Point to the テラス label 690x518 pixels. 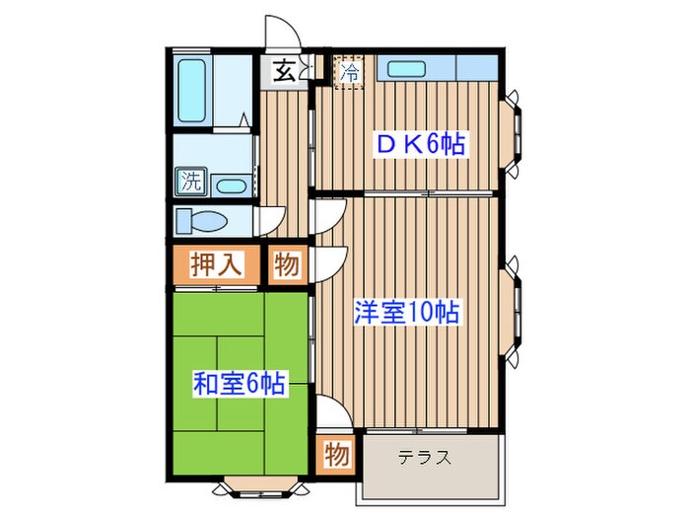pyautogui.click(x=425, y=458)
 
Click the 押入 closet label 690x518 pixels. pyautogui.click(x=216, y=265)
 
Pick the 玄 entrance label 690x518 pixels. pyautogui.click(x=283, y=71)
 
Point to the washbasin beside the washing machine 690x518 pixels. pyautogui.click(x=232, y=185)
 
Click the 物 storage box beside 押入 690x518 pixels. pyautogui.click(x=287, y=264)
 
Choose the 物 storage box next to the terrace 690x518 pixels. pyautogui.click(x=336, y=456)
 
